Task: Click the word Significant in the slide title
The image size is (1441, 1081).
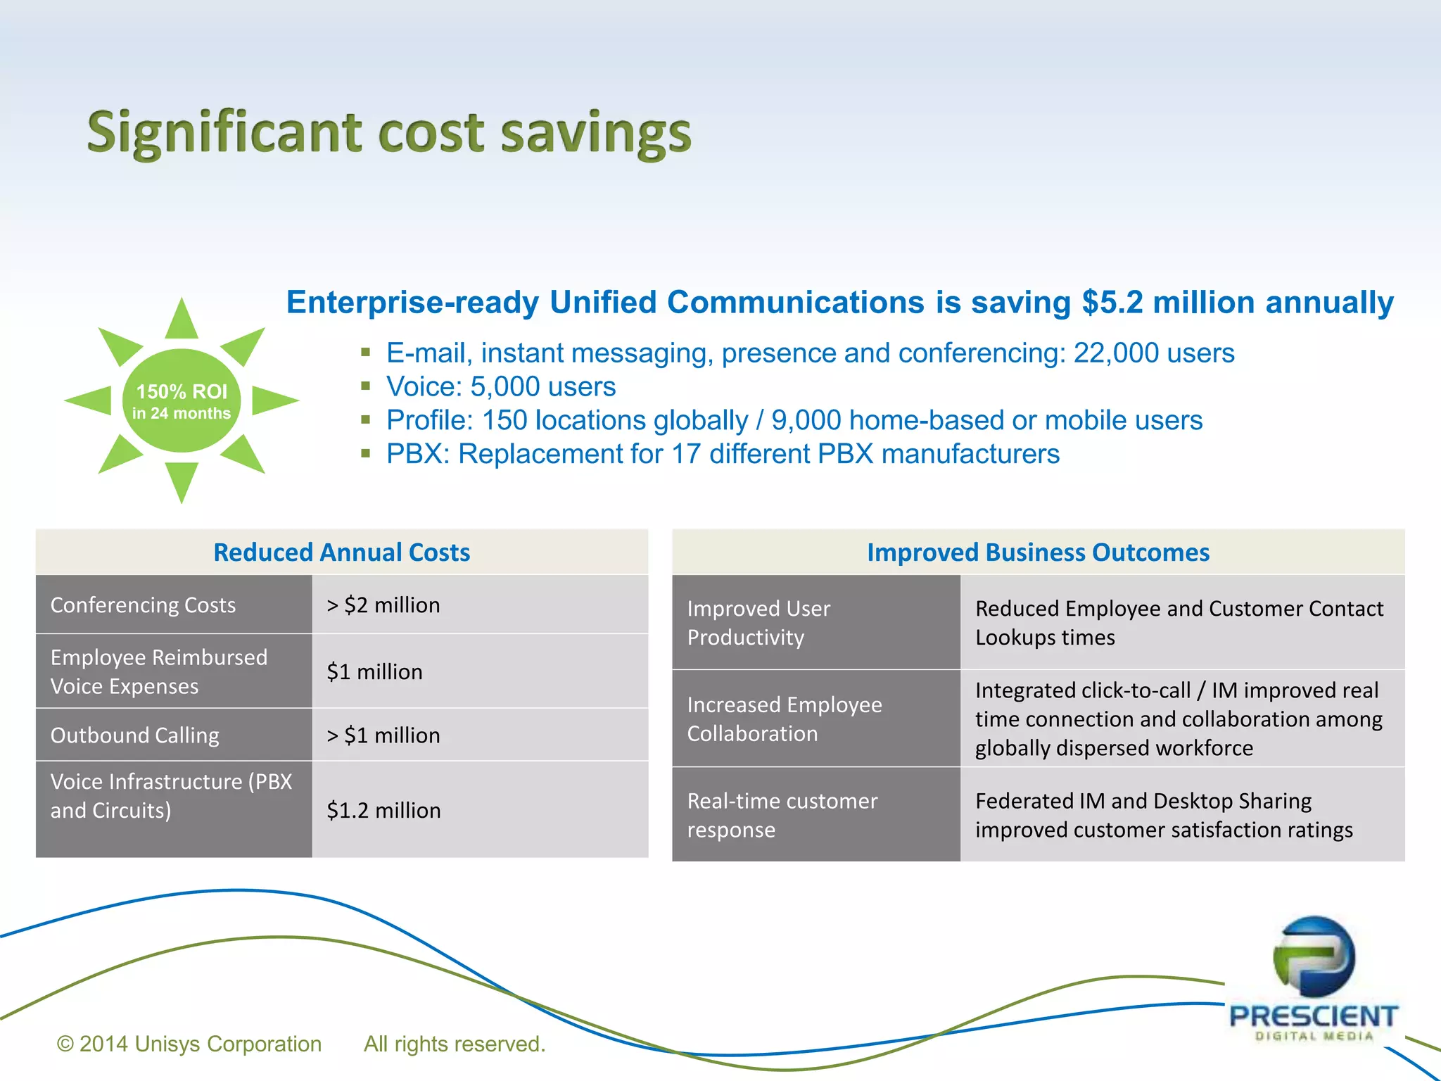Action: click(224, 134)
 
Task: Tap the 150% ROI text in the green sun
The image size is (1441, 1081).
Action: click(182, 391)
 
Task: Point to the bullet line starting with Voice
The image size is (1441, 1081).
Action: click(500, 386)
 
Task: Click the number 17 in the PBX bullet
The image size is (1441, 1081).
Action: click(686, 454)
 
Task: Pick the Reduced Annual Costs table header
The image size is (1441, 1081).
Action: click(341, 552)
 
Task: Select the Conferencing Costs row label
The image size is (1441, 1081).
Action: click(144, 605)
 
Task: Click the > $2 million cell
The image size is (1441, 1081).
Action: click(383, 605)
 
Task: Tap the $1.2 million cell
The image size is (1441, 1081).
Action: click(383, 810)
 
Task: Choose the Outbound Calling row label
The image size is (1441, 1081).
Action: click(135, 735)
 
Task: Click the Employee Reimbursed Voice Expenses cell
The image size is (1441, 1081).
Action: click(159, 671)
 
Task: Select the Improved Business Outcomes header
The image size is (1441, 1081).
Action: click(1038, 552)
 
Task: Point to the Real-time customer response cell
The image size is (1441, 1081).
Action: click(782, 815)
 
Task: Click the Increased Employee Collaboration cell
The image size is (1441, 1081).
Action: click(784, 719)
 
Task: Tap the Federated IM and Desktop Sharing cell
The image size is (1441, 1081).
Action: click(1164, 815)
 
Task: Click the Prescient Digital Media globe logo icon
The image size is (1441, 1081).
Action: click(1314, 956)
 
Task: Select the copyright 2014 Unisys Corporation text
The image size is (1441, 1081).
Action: click(189, 1044)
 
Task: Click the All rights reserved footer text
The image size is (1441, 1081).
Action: click(455, 1044)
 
